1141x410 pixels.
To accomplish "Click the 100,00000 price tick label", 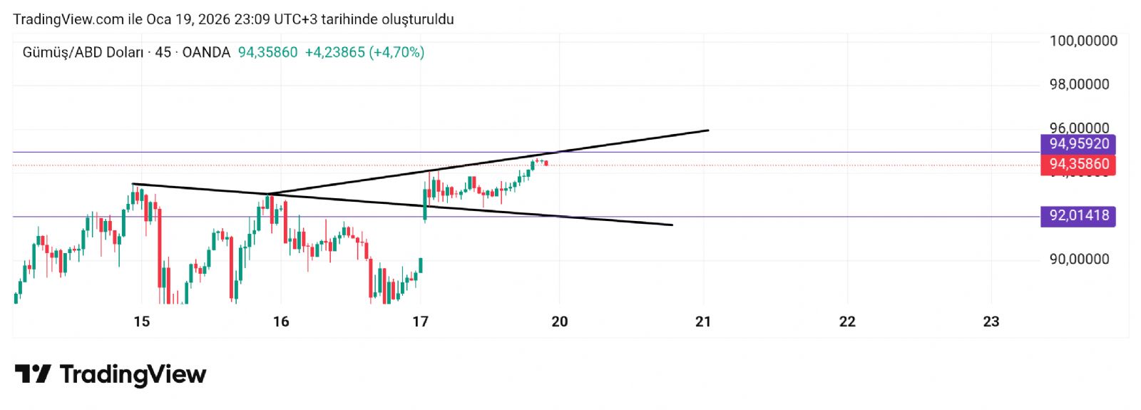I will click(x=1083, y=41).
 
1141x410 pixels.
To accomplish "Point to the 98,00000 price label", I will click(x=1079, y=84).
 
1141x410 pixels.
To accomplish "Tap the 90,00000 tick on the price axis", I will click(x=1079, y=259).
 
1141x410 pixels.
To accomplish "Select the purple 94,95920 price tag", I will click(x=1078, y=144).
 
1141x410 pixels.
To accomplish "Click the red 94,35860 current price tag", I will click(x=1078, y=165).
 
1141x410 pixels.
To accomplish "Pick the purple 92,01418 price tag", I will click(x=1078, y=215).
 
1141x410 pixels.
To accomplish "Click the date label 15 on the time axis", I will click(x=142, y=322).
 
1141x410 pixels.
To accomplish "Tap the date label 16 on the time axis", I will click(x=281, y=322).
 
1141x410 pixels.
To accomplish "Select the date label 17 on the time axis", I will click(x=420, y=322).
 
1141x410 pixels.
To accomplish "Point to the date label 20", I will click(x=560, y=322).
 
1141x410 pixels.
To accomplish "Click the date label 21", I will click(x=703, y=322).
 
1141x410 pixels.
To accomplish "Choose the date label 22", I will click(x=847, y=322).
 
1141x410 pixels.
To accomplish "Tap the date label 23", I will click(x=991, y=322).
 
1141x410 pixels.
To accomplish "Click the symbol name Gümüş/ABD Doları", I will click(x=83, y=52).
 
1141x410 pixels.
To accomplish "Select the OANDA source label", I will click(x=206, y=52).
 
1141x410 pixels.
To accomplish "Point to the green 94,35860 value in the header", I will click(x=267, y=52).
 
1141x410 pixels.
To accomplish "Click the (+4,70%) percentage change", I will click(x=396, y=52).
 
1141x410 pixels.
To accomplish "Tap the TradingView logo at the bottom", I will click(x=111, y=374).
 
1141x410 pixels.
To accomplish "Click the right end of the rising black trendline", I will click(x=707, y=130).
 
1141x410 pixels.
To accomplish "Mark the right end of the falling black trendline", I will click(x=672, y=225).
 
